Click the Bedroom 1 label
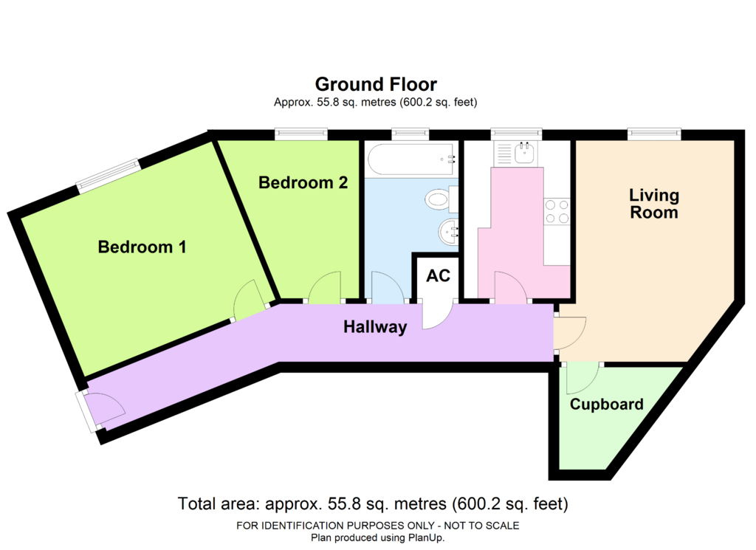(142, 247)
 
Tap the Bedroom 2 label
(303, 182)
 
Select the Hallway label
(375, 327)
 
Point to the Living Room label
(654, 204)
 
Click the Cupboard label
(607, 404)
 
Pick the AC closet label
(439, 275)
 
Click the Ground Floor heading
(376, 84)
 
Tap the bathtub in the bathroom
(410, 159)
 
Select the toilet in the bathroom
(442, 199)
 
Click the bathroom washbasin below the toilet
(448, 233)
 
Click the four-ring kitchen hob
(557, 212)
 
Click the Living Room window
(654, 134)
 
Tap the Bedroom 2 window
(301, 134)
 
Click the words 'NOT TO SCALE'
(481, 526)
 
